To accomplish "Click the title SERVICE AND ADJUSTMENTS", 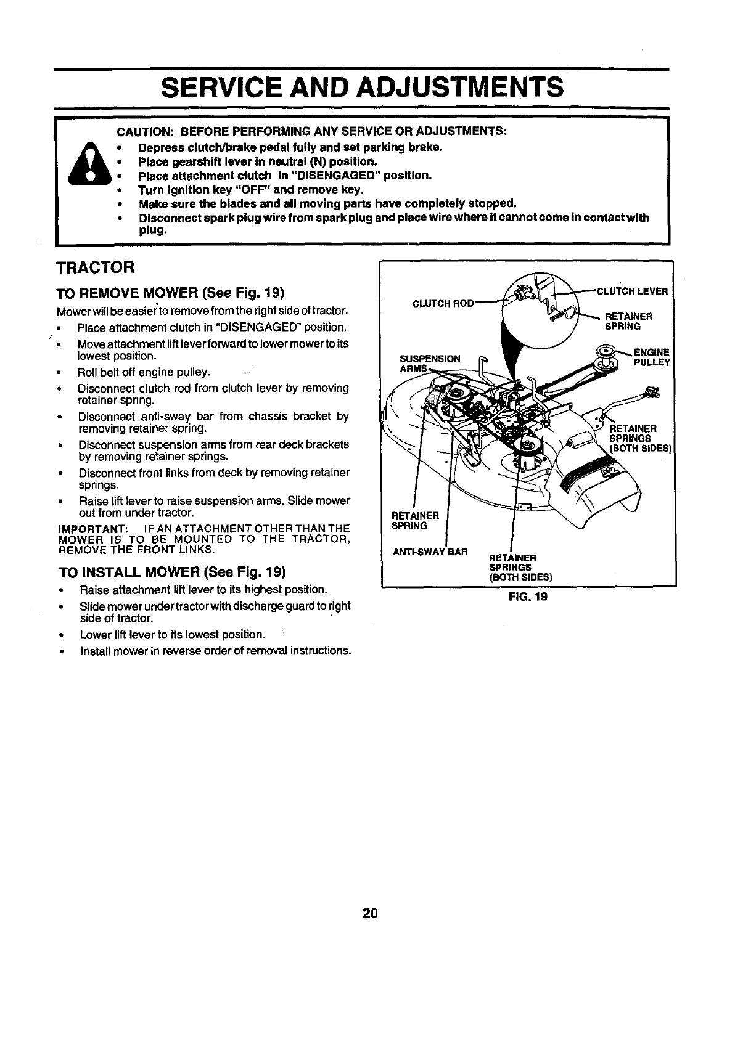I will tap(362, 88).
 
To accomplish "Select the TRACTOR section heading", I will tap(95, 268).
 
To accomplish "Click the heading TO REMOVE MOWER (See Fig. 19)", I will tap(170, 291).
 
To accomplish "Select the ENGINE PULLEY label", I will tap(651, 357).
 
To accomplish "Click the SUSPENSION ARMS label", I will tap(430, 364).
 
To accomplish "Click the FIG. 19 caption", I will tap(528, 597).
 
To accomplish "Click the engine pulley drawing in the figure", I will tap(605, 357).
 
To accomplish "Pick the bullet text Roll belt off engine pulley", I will tap(144, 372).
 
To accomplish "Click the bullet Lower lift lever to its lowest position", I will tap(173, 635).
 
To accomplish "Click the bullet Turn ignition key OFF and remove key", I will tap(251, 189).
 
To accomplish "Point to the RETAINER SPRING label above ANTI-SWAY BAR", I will tap(416, 520).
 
